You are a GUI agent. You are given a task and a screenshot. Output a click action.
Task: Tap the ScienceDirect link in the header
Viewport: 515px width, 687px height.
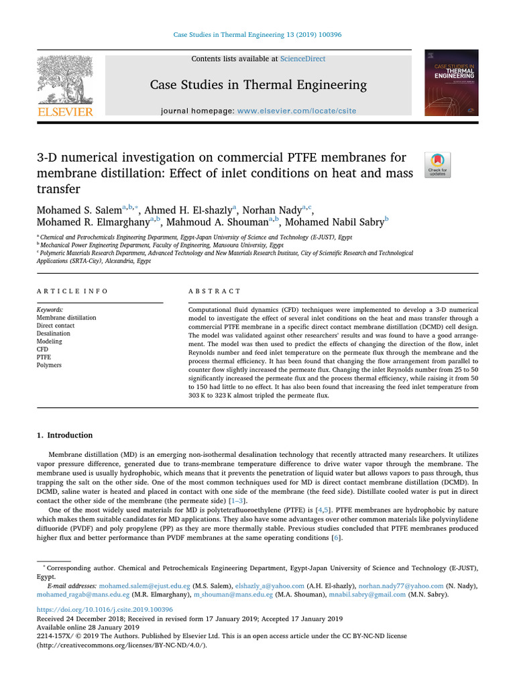click(302, 59)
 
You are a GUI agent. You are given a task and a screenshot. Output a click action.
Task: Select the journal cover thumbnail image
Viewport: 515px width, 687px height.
click(454, 83)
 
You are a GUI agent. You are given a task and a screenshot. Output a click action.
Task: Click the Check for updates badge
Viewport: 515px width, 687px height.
click(438, 164)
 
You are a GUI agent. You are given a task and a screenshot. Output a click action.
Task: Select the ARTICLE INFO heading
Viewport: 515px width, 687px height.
click(72, 291)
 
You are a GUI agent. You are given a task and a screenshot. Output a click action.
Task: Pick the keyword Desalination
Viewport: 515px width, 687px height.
click(54, 333)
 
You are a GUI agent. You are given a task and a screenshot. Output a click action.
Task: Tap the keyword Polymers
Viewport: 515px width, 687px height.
click(49, 366)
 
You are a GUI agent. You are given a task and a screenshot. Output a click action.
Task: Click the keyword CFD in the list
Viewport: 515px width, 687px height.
click(43, 350)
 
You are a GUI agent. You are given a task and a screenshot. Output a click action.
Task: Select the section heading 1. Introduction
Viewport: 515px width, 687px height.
click(65, 435)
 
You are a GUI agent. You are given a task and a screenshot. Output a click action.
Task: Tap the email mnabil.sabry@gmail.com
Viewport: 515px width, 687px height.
click(367, 594)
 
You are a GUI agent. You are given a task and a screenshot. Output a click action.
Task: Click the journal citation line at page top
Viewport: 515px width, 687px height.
click(257, 35)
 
